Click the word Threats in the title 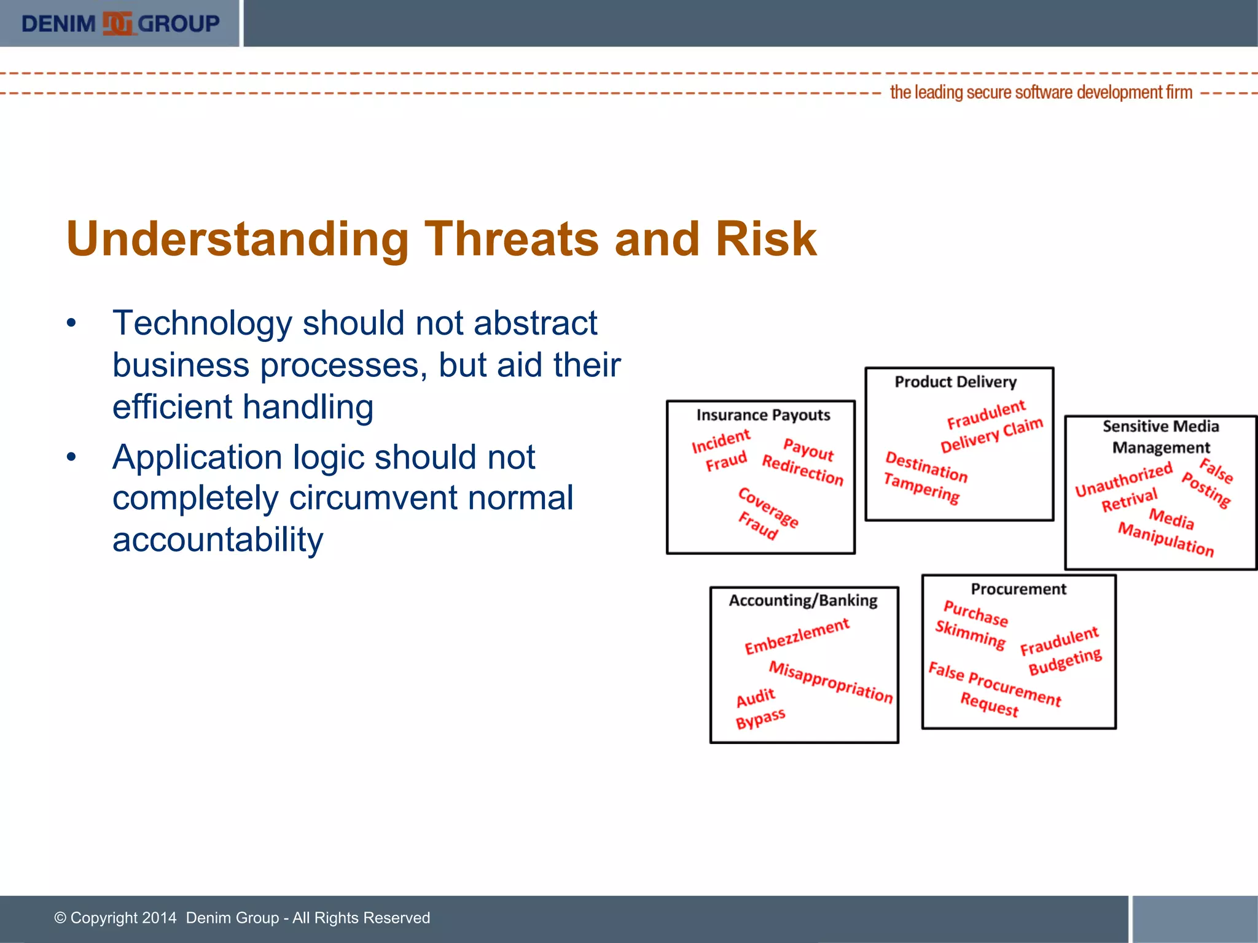point(511,239)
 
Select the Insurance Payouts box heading point(763,416)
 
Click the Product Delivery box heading point(955,382)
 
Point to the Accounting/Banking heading point(803,600)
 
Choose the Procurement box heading point(1018,589)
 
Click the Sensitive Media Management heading point(1161,437)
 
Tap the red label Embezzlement point(797,637)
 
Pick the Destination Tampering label point(924,477)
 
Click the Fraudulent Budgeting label point(1061,651)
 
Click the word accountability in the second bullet point(217,540)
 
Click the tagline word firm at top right point(1179,93)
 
